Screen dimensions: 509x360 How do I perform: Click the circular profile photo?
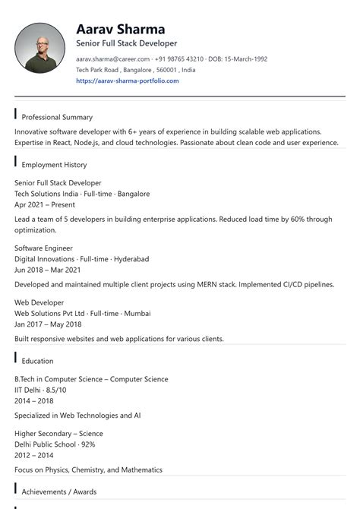(x=39, y=48)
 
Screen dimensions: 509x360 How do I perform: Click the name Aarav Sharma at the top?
(x=120, y=30)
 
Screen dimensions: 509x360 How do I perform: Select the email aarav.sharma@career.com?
(x=112, y=58)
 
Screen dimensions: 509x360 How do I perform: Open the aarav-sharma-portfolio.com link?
(x=128, y=81)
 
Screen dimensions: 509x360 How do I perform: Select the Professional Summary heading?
(x=57, y=118)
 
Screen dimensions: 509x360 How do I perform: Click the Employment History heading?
(x=54, y=165)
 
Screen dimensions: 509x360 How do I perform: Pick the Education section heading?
(x=37, y=361)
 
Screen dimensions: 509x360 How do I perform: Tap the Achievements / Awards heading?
(x=58, y=492)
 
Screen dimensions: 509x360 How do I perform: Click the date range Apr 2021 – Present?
(x=45, y=204)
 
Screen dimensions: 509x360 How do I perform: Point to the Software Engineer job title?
(x=43, y=248)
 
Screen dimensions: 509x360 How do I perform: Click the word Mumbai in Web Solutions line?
(x=137, y=313)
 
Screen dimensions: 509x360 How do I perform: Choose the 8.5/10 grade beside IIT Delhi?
(x=55, y=390)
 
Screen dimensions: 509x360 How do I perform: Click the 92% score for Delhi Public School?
(x=87, y=444)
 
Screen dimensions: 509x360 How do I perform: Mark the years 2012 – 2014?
(x=34, y=455)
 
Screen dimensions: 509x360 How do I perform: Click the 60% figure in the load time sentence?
(x=289, y=219)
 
